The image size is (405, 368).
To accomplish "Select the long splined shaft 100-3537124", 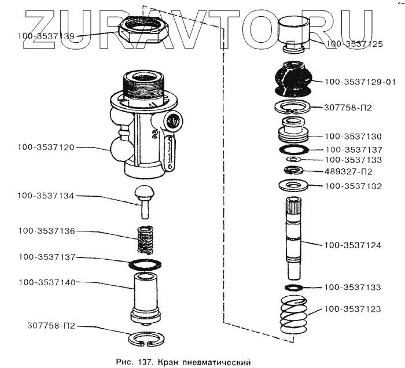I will tap(294, 237).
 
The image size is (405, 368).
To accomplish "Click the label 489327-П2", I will tap(348, 172).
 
